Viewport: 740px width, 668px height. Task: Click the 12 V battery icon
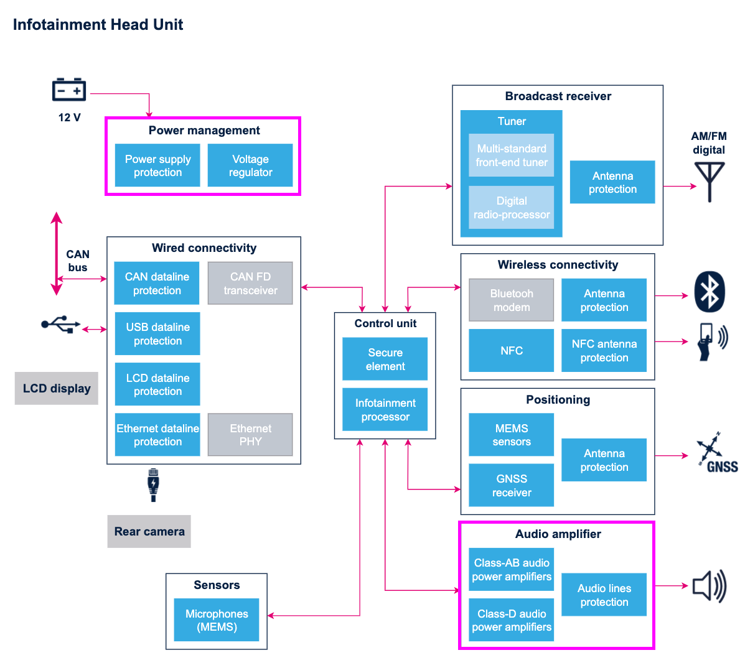point(68,90)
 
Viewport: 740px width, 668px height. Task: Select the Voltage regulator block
point(250,165)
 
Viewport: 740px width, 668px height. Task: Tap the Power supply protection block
point(157,165)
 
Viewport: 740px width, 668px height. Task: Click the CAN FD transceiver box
point(250,283)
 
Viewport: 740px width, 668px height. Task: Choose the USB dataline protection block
point(157,333)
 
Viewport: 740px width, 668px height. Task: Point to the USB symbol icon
point(60,324)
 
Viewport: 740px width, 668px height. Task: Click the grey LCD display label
point(57,388)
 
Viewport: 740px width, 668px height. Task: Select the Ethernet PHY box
point(250,435)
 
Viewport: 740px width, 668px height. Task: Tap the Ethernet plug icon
point(153,485)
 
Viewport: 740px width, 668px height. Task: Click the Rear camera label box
point(149,531)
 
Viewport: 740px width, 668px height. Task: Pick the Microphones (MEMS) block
point(217,620)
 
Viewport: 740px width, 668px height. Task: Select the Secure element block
point(385,359)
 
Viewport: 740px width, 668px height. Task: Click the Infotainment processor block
point(385,409)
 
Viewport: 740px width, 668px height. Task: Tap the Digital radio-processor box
point(512,207)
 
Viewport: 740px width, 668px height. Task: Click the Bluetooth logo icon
point(710,292)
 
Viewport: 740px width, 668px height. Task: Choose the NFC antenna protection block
point(604,350)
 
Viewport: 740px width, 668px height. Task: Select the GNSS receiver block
point(512,485)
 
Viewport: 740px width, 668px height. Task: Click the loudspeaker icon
point(710,586)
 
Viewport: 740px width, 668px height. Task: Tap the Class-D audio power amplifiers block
point(512,620)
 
